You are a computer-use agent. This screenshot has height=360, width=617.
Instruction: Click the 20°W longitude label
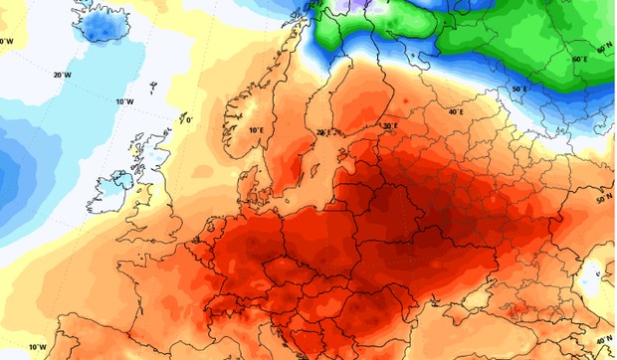pyautogui.click(x=62, y=75)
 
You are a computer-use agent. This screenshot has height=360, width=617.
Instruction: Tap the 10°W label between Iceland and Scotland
pyautogui.click(x=124, y=101)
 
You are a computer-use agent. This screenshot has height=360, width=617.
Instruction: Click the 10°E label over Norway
pyautogui.click(x=256, y=130)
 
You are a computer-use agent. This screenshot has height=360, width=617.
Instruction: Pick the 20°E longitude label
pyautogui.click(x=321, y=131)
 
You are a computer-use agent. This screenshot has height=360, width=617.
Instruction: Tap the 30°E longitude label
pyautogui.click(x=389, y=126)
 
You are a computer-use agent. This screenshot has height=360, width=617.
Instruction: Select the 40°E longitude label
pyautogui.click(x=455, y=111)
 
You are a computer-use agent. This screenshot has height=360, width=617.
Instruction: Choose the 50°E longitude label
pyautogui.click(x=518, y=90)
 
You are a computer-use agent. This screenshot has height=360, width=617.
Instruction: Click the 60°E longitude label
pyautogui.click(x=579, y=60)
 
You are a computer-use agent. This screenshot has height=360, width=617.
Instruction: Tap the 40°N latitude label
pyautogui.click(x=604, y=339)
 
